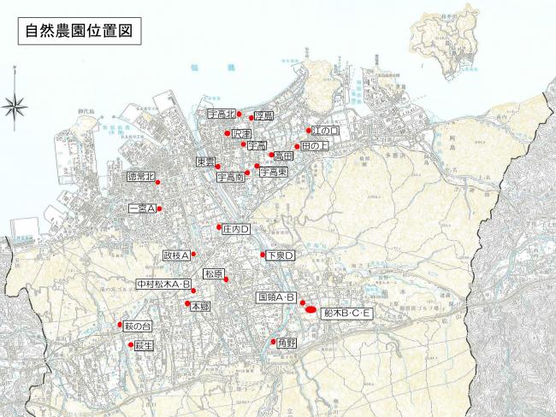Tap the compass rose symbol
[x=15, y=106]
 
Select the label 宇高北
[x=222, y=114]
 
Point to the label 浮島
[x=263, y=117]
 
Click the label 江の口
[x=326, y=132]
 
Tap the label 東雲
[x=205, y=162]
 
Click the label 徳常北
[x=141, y=177]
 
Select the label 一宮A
[x=140, y=208]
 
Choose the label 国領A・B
[x=276, y=297]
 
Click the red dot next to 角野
[x=273, y=343]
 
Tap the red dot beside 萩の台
[x=121, y=326]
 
